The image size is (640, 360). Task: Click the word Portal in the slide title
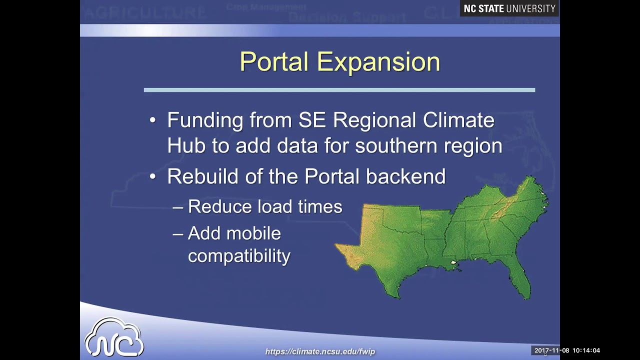point(274,62)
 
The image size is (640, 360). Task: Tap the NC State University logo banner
point(509,8)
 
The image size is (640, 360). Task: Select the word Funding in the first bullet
point(205,120)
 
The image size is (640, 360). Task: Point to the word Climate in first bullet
point(458,120)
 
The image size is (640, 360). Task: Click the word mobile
point(254,233)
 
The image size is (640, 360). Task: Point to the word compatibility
point(239,256)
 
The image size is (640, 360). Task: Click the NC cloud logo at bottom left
point(114,337)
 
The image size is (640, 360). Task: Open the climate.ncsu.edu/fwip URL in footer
point(320,351)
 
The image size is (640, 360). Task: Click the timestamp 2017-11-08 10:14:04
point(567,350)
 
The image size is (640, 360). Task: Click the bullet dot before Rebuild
point(153,176)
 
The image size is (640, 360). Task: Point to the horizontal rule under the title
point(339,90)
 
